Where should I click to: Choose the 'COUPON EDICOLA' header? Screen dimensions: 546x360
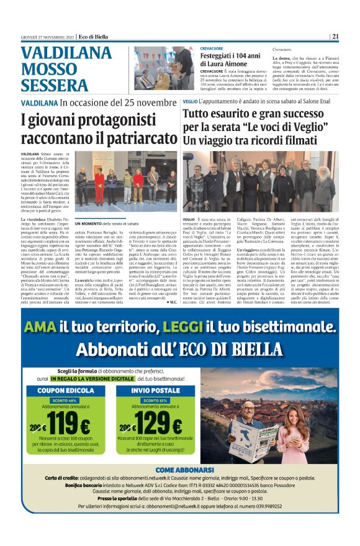pos(60,391)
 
